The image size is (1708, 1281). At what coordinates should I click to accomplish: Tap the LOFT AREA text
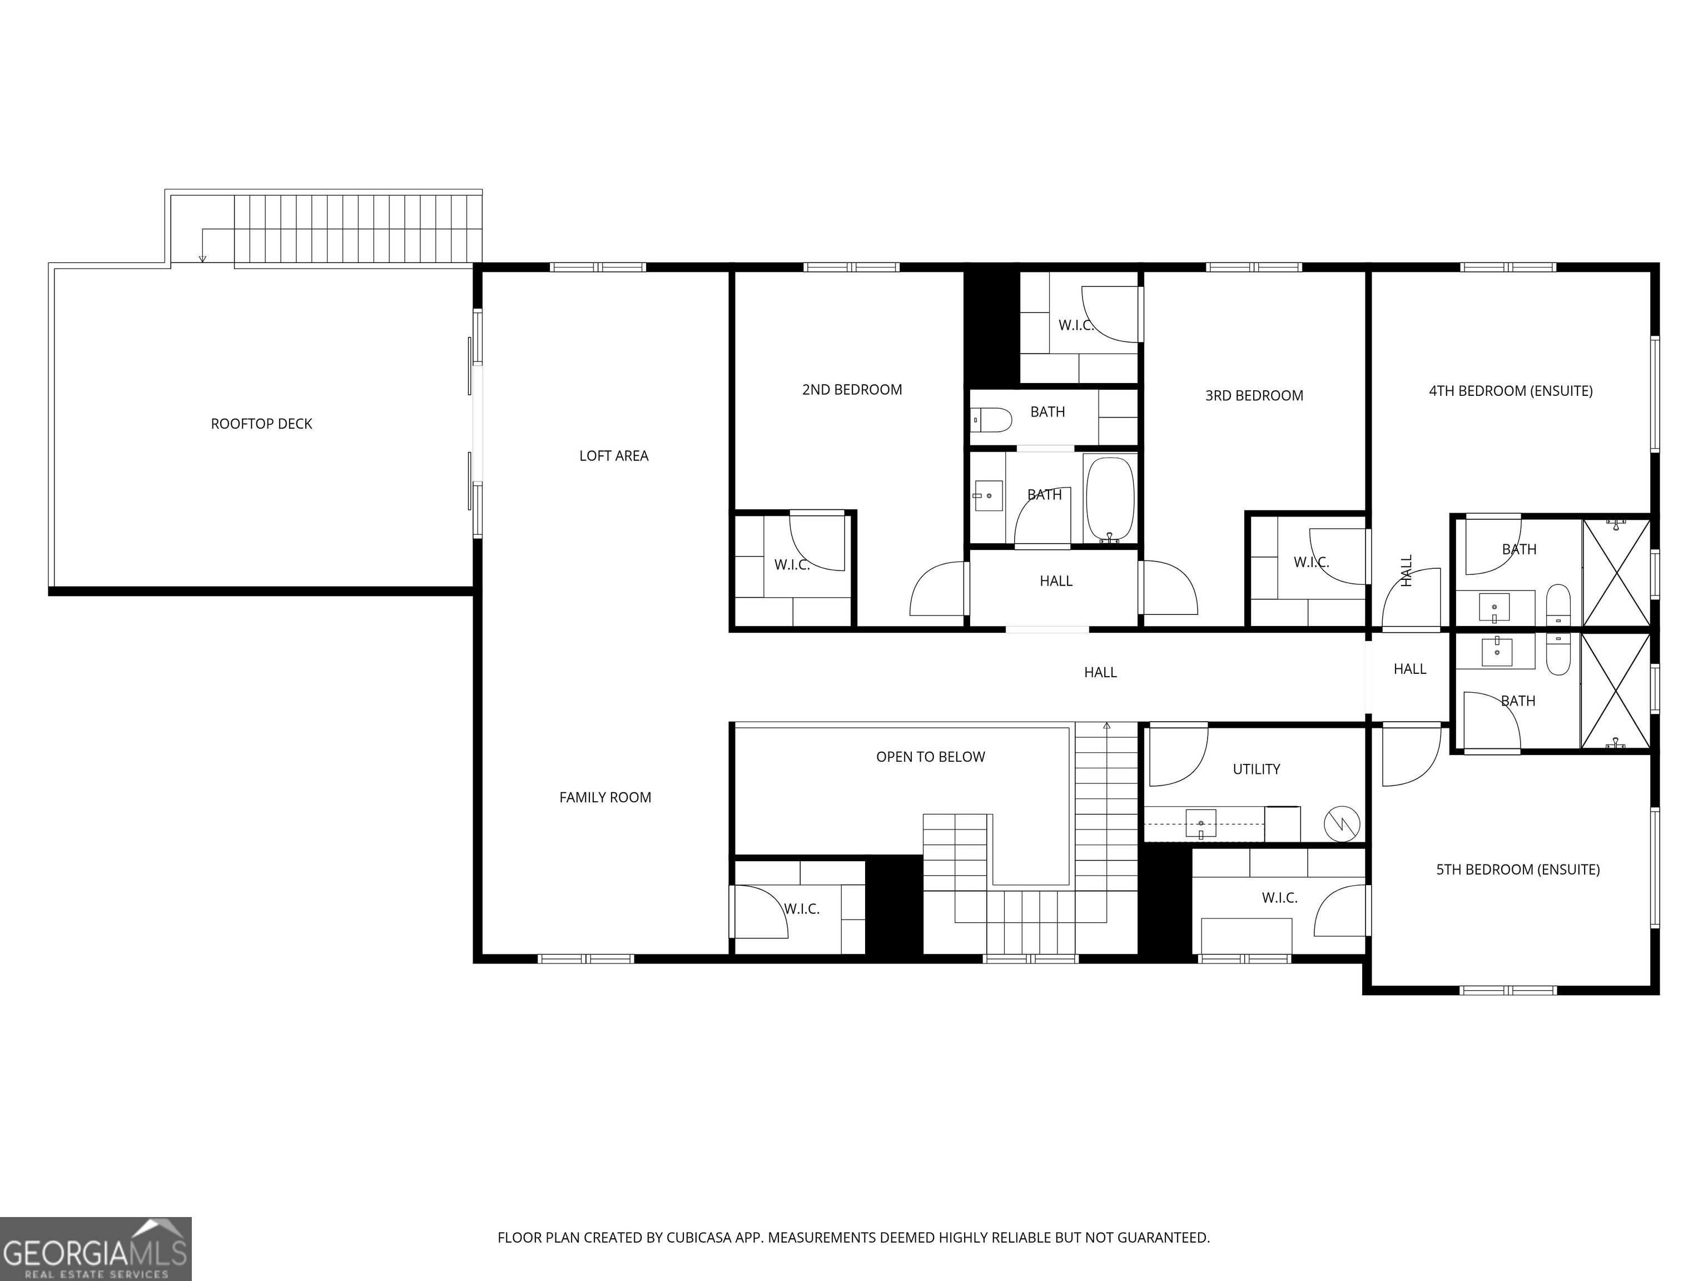(x=613, y=456)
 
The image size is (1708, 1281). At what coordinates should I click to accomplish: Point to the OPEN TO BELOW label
(x=930, y=757)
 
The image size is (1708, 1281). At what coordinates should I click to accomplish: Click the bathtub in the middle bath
(x=1110, y=499)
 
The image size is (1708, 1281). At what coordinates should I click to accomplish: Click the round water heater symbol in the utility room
(x=1342, y=825)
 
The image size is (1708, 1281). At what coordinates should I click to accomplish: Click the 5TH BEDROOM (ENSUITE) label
(x=1517, y=870)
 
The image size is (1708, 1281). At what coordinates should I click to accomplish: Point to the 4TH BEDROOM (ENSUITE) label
(x=1510, y=391)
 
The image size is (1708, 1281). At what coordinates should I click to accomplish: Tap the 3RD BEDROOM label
(x=1253, y=396)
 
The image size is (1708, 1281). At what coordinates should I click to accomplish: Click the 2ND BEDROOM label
(x=852, y=390)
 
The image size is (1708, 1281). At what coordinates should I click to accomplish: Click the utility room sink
(x=1201, y=823)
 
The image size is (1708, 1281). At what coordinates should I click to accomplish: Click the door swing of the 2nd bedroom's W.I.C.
(x=816, y=543)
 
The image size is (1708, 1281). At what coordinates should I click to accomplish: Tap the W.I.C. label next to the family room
(x=802, y=910)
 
